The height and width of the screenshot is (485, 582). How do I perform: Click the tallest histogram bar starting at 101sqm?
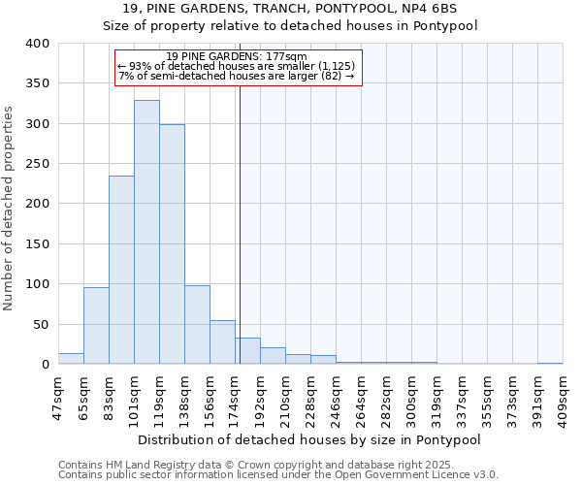click(x=146, y=233)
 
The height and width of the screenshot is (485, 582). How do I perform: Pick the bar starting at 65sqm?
click(x=96, y=326)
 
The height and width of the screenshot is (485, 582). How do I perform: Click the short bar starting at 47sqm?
click(x=71, y=359)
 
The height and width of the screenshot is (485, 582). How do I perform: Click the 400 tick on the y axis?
click(x=38, y=44)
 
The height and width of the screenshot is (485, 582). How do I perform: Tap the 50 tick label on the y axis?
click(x=42, y=325)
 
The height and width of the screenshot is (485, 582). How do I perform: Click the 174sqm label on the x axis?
click(x=235, y=399)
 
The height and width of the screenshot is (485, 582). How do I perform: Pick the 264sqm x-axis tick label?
click(x=361, y=399)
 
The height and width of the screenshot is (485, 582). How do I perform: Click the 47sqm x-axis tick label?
click(x=58, y=399)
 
